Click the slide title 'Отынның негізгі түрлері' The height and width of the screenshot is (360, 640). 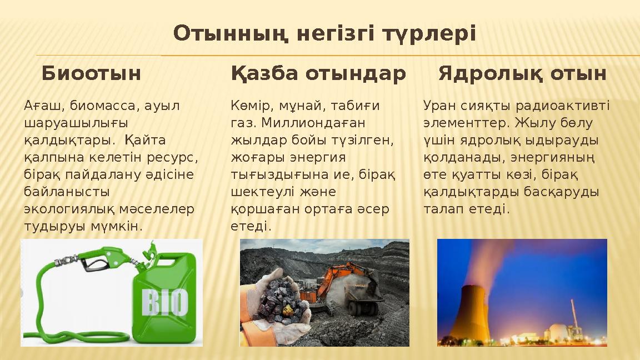[x=324, y=34]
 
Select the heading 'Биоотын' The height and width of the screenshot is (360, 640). [x=91, y=73]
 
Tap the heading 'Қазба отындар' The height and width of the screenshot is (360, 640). [x=318, y=73]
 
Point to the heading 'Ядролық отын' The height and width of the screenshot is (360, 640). [x=522, y=73]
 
